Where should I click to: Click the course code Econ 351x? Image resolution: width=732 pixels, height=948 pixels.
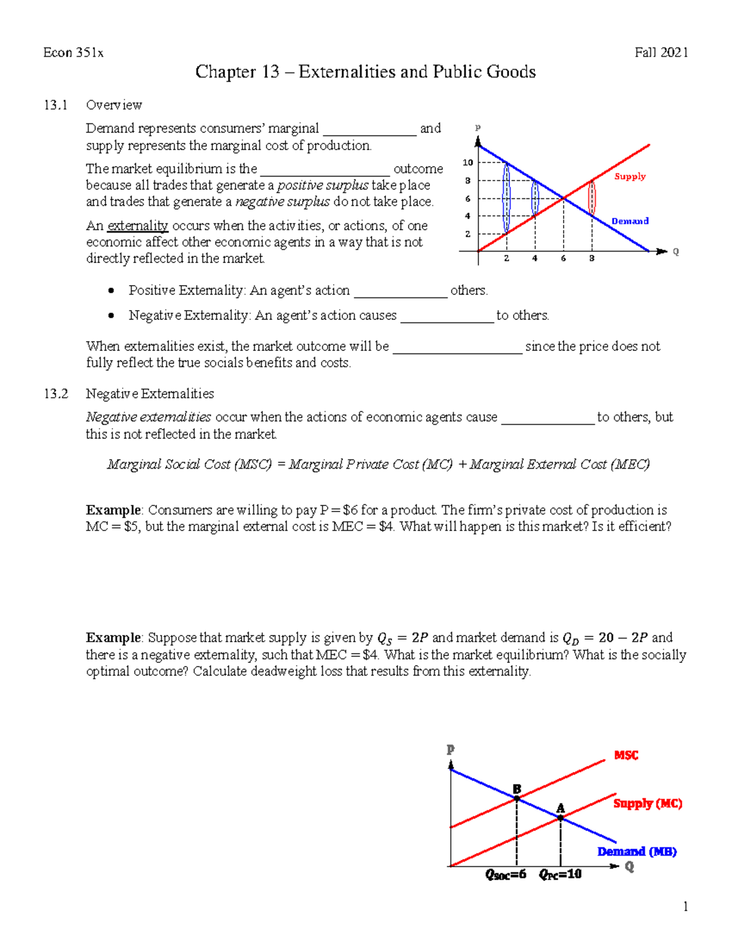point(73,52)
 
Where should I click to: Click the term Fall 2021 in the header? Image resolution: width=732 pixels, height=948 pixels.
point(661,52)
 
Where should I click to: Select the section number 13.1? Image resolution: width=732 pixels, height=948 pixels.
point(56,105)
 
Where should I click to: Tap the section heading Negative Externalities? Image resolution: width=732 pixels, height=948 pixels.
point(150,394)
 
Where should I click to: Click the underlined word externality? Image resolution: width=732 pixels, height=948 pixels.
point(137,226)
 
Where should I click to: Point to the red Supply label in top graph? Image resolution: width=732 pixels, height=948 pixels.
point(630,176)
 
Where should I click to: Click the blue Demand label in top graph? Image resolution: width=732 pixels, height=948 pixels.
point(630,221)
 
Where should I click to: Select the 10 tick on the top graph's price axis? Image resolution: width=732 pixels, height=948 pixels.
point(468,162)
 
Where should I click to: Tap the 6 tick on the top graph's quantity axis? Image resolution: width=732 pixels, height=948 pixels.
point(563,259)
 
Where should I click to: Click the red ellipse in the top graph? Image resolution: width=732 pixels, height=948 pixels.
point(592,197)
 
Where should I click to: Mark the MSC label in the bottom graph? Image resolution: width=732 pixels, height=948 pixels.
point(626,756)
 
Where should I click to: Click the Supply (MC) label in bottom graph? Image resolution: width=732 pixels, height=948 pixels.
point(647,803)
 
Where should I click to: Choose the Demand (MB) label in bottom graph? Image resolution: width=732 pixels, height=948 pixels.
point(637,852)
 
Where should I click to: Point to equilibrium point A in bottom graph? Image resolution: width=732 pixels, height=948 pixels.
point(561,817)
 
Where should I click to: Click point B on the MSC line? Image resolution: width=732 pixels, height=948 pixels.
point(517,798)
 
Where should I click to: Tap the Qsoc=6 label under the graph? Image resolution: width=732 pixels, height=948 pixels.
point(506,875)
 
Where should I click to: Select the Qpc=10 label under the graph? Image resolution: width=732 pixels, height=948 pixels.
point(560,875)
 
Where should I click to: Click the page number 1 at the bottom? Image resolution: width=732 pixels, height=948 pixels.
point(686,906)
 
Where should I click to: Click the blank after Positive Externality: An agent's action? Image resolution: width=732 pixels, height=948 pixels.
point(401,291)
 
